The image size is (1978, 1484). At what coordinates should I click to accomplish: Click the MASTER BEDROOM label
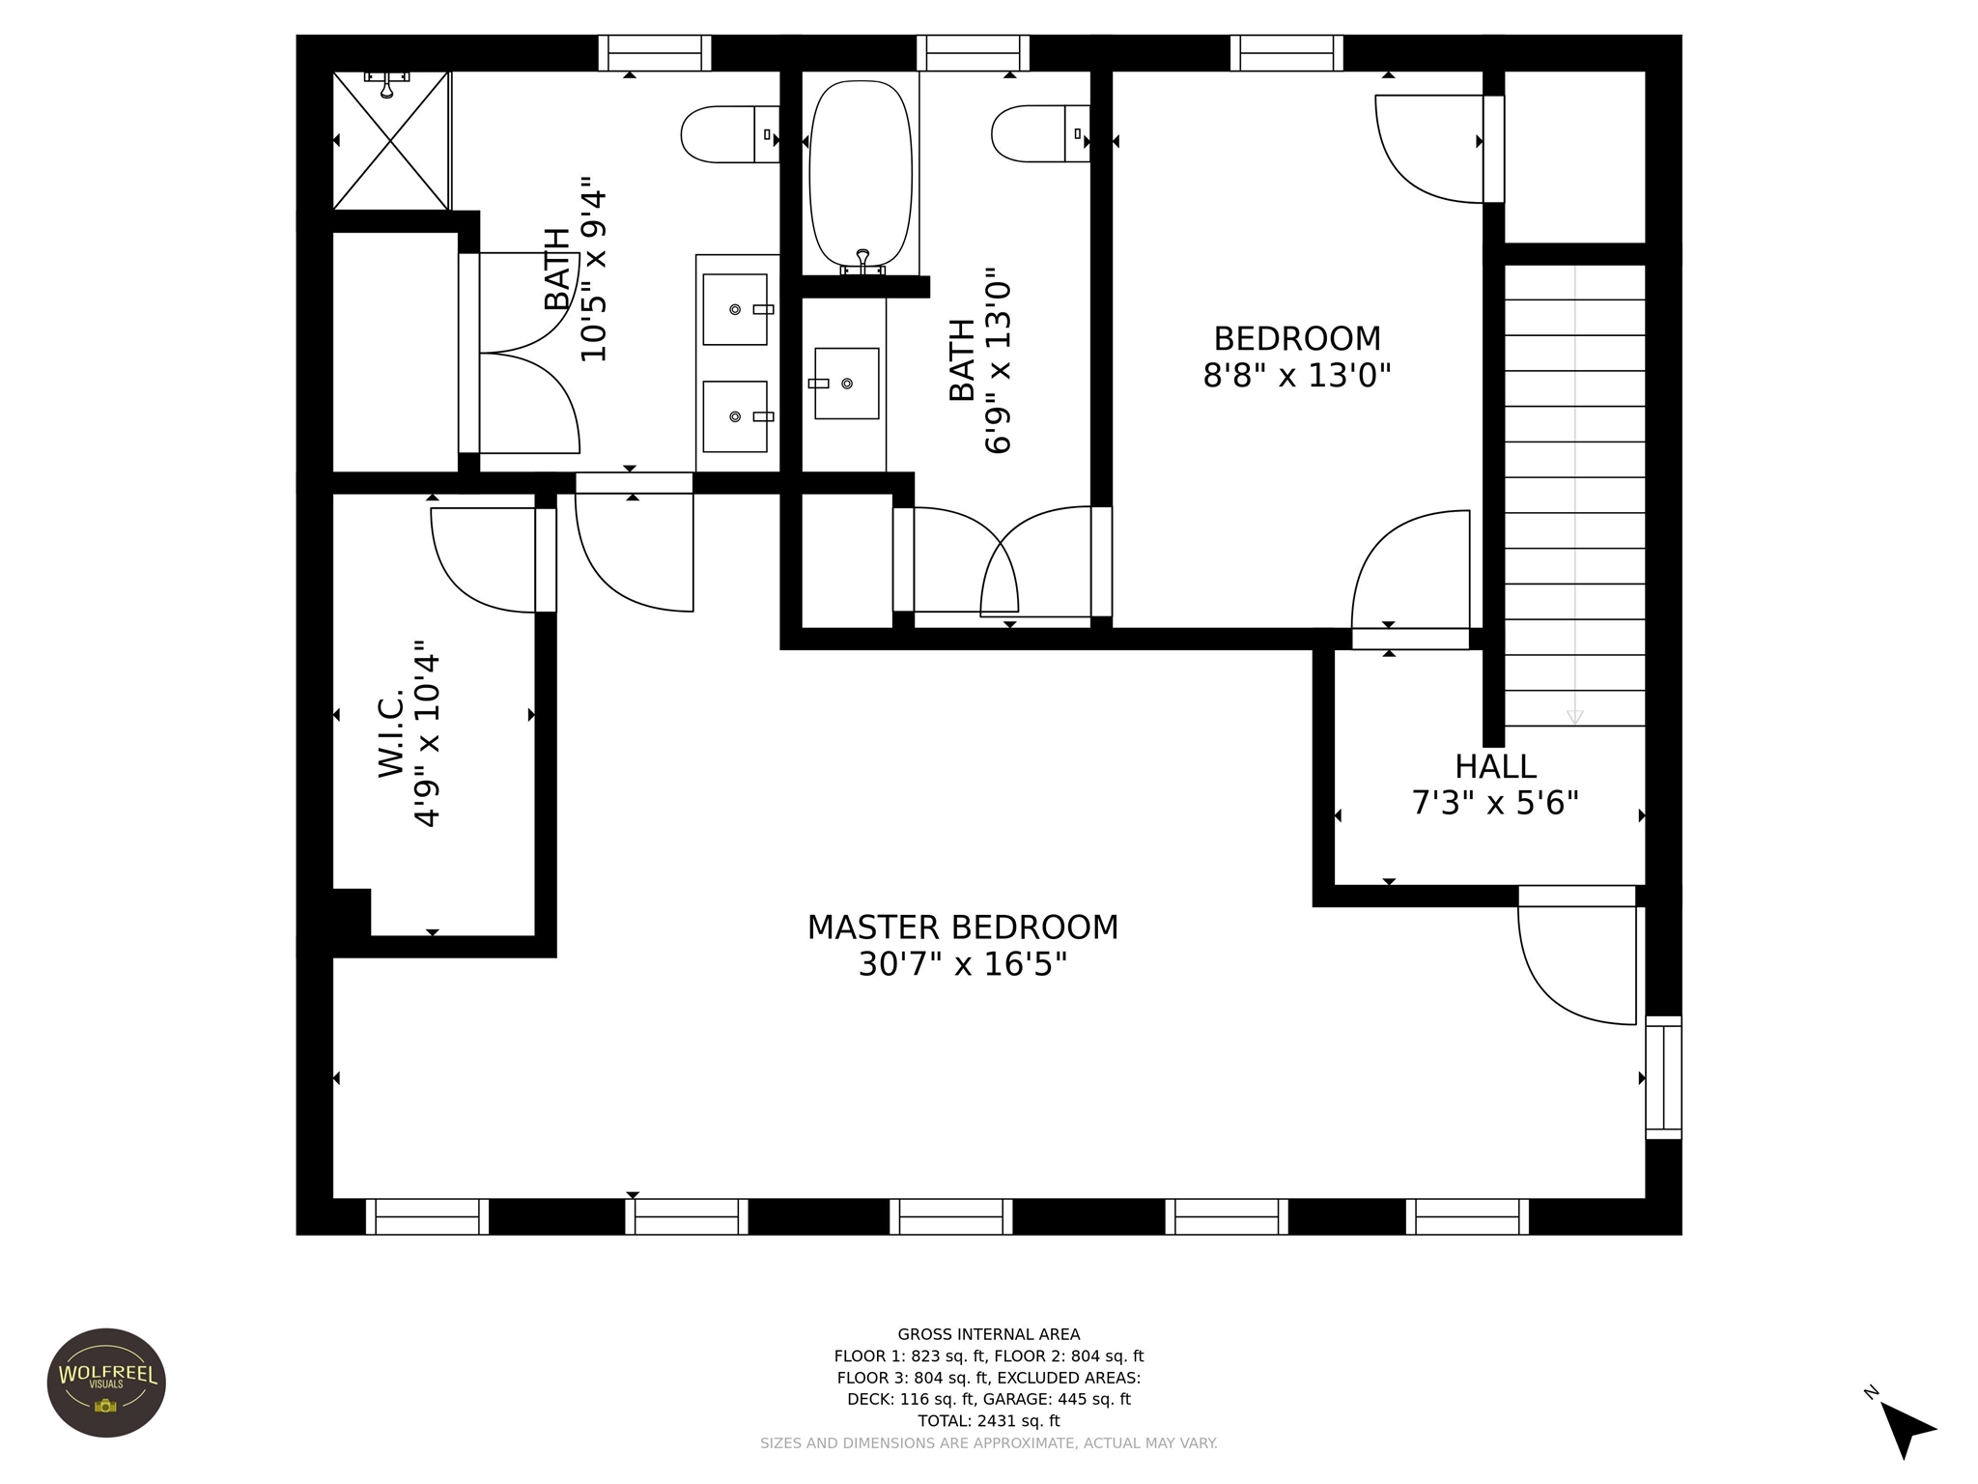point(963,927)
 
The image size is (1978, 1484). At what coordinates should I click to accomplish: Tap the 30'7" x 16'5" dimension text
point(963,964)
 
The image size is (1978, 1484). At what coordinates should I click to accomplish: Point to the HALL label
point(1495,767)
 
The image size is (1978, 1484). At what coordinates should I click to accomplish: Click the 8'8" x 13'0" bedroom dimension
point(1296,375)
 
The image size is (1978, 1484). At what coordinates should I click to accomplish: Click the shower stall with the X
point(391,140)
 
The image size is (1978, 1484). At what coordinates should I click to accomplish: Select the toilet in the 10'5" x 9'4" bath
point(730,134)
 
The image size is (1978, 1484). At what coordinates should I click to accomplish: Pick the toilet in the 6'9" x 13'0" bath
point(1040,133)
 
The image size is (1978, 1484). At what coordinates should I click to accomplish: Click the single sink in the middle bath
point(847,384)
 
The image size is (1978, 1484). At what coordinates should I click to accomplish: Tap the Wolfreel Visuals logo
point(106,1383)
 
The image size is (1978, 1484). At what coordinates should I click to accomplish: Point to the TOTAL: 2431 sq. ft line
point(989,1421)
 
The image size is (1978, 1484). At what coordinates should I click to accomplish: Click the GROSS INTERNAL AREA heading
point(989,1334)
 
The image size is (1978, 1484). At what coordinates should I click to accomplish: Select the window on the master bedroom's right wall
point(1663,1077)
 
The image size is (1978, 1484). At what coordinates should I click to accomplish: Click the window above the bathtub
point(973,53)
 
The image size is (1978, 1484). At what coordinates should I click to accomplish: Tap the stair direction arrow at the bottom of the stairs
point(1574,717)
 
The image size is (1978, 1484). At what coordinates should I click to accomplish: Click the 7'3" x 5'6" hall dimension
point(1495,803)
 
